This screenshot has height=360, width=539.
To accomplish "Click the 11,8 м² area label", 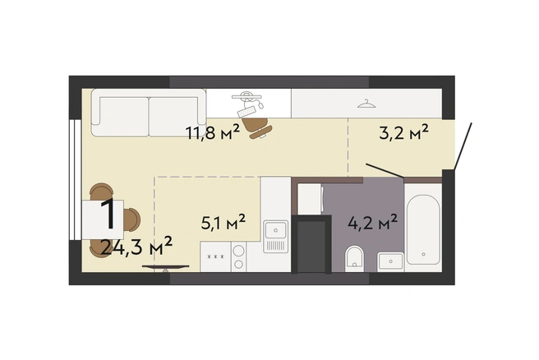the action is pyautogui.click(x=212, y=132).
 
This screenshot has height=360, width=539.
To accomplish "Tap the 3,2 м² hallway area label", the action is pyautogui.click(x=404, y=132).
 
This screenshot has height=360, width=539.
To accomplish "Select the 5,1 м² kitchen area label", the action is pyautogui.click(x=223, y=222).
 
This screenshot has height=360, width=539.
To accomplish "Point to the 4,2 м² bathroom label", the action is pyautogui.click(x=373, y=223).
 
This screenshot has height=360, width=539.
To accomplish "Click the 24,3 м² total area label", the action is pyautogui.click(x=136, y=247).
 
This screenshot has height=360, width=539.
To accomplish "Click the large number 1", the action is pyautogui.click(x=108, y=215).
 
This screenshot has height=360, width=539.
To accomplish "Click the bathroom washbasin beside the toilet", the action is pyautogui.click(x=390, y=262).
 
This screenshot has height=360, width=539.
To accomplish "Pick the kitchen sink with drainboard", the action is pyautogui.click(x=275, y=237).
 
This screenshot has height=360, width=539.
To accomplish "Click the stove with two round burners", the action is pyautogui.click(x=238, y=256).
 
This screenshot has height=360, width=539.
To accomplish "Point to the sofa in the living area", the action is pyautogui.click(x=149, y=113).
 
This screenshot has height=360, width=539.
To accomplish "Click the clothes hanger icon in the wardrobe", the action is pyautogui.click(x=366, y=104).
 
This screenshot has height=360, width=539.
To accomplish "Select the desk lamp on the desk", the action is pyautogui.click(x=247, y=98).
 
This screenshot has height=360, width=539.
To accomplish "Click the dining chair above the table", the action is pyautogui.click(x=101, y=192).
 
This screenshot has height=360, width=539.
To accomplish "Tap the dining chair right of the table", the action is pyautogui.click(x=132, y=220).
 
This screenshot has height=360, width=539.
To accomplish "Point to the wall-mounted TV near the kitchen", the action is pyautogui.click(x=166, y=267).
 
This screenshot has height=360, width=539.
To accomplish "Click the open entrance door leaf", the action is pyautogui.click(x=463, y=146).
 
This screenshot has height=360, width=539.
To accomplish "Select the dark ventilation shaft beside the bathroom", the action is pyautogui.click(x=311, y=244).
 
